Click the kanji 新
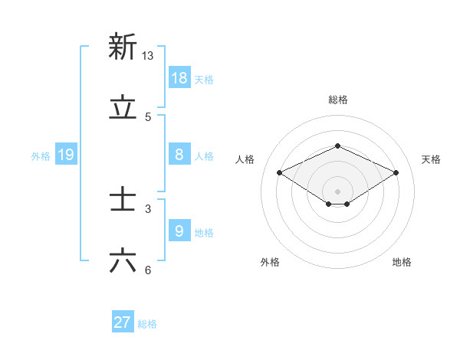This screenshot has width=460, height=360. tap(123, 47)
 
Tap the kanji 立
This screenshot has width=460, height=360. tap(123, 107)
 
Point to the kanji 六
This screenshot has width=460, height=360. tap(123, 261)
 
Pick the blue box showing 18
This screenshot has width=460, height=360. tap(179, 77)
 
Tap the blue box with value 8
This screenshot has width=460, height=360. tap(179, 155)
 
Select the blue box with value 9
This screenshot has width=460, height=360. tap(179, 231)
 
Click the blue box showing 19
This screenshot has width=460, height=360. tap(66, 155)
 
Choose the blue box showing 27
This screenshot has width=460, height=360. tap(123, 322)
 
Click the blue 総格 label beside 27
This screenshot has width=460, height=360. tap(147, 324)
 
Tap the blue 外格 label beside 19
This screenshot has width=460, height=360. tap(41, 156)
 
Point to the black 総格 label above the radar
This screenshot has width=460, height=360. tap(337, 100)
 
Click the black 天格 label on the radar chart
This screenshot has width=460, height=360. tap(431, 159)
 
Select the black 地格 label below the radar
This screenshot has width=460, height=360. tap(402, 262)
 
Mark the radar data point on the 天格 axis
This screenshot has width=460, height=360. tap(396, 173)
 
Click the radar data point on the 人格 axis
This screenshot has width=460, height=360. tap(280, 173)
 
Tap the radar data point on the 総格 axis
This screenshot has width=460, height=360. tap(337, 146)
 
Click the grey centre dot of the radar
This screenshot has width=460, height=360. tap(337, 191)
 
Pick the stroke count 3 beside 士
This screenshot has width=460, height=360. tap(148, 208)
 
